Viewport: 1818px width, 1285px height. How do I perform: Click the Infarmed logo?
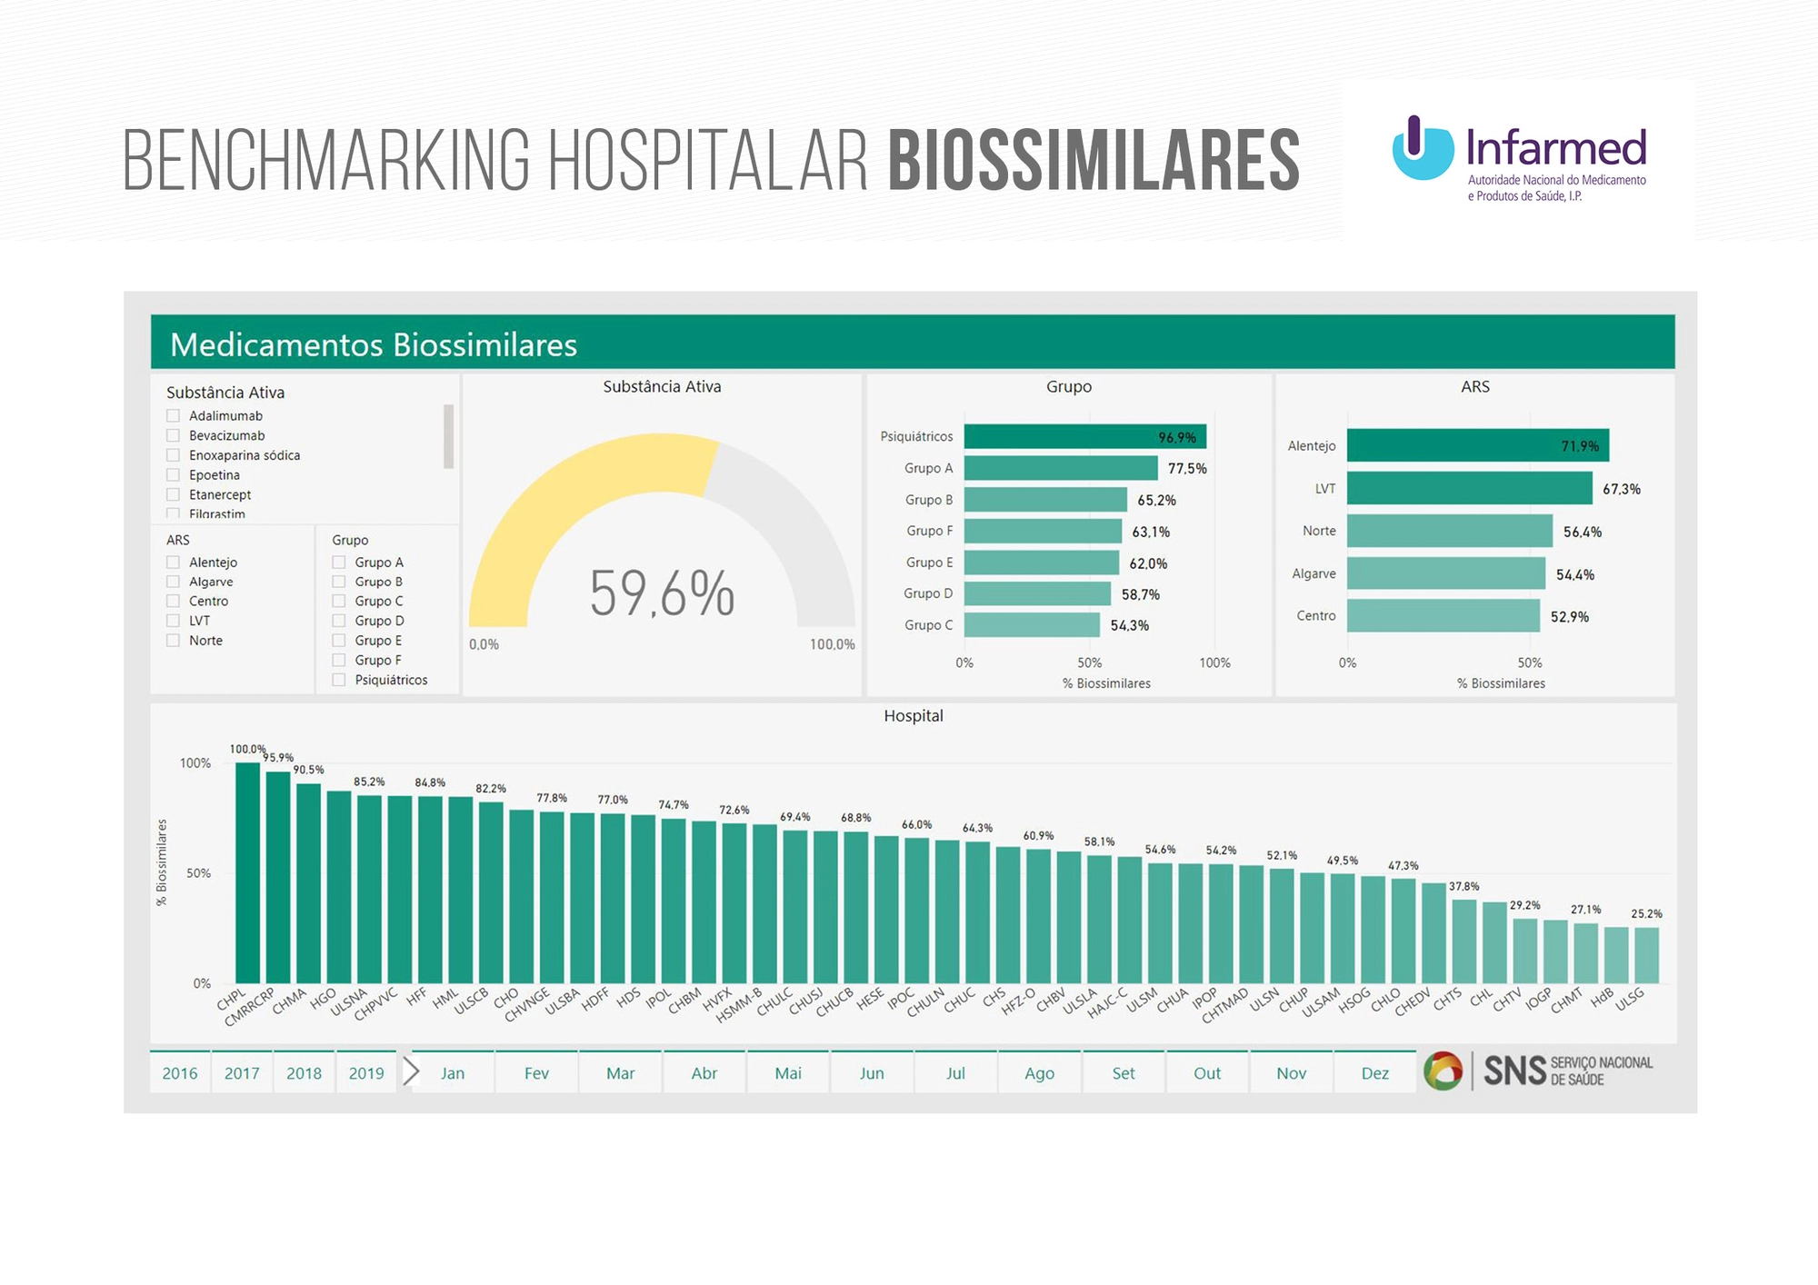pyautogui.click(x=1519, y=160)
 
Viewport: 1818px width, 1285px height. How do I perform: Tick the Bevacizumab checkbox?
pyautogui.click(x=174, y=435)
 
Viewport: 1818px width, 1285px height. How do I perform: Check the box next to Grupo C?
pyautogui.click(x=339, y=601)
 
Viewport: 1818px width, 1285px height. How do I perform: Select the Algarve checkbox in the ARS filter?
pyautogui.click(x=174, y=582)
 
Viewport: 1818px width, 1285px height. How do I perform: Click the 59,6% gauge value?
pyautogui.click(x=662, y=593)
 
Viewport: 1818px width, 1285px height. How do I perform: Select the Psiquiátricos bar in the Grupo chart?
pyautogui.click(x=1084, y=437)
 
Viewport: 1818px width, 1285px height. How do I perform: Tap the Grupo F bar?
pyautogui.click(x=1043, y=532)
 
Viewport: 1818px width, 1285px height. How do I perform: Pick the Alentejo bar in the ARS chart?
pyautogui.click(x=1477, y=446)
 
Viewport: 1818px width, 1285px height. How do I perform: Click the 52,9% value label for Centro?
pyautogui.click(x=1570, y=617)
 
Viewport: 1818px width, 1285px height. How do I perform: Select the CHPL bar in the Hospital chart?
pyautogui.click(x=247, y=872)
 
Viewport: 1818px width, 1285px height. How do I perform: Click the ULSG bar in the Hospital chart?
pyautogui.click(x=1646, y=955)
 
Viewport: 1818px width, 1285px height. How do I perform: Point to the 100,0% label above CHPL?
pyautogui.click(x=247, y=749)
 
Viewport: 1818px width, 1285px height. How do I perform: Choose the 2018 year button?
pyautogui.click(x=304, y=1073)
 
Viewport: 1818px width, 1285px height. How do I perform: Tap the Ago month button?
pyautogui.click(x=1039, y=1073)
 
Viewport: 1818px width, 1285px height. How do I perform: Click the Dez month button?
pyautogui.click(x=1374, y=1073)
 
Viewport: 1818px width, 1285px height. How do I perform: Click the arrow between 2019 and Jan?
pyautogui.click(x=411, y=1072)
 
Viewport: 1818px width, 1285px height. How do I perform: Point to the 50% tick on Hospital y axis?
pyautogui.click(x=198, y=873)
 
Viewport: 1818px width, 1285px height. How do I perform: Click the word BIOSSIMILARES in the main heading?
pyautogui.click(x=1094, y=161)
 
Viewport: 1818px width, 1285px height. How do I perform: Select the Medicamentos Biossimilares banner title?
pyautogui.click(x=374, y=345)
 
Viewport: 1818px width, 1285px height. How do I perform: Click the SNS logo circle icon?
pyautogui.click(x=1443, y=1071)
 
